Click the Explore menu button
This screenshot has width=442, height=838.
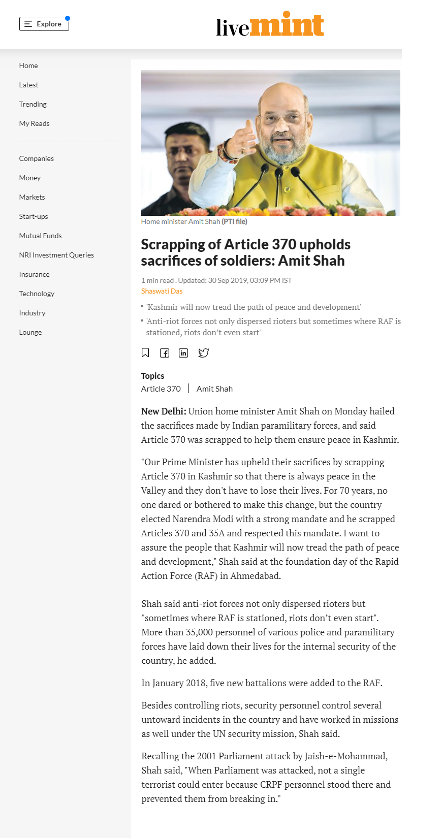pyautogui.click(x=44, y=24)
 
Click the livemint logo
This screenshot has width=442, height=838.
pyautogui.click(x=270, y=24)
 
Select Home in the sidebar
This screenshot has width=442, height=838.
pyautogui.click(x=28, y=66)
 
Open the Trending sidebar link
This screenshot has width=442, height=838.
pyautogui.click(x=33, y=104)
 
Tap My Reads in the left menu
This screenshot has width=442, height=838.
pyautogui.click(x=35, y=123)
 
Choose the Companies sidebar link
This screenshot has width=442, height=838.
pyautogui.click(x=37, y=158)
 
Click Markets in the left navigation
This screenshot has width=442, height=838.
pyautogui.click(x=32, y=197)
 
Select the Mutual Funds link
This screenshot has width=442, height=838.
pyautogui.click(x=41, y=236)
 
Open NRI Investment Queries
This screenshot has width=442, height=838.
pyautogui.click(x=56, y=255)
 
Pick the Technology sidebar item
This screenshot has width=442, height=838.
pyautogui.click(x=37, y=294)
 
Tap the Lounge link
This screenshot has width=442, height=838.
pyautogui.click(x=30, y=332)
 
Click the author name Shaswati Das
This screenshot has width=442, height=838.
pyautogui.click(x=162, y=291)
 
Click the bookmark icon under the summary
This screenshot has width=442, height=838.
pyautogui.click(x=145, y=352)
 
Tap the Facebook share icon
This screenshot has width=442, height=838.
pyautogui.click(x=165, y=353)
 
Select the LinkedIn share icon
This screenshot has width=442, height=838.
pyautogui.click(x=183, y=353)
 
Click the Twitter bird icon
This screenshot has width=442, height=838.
pyautogui.click(x=203, y=353)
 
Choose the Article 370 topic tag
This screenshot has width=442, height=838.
pyautogui.click(x=161, y=389)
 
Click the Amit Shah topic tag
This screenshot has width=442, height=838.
pyautogui.click(x=214, y=389)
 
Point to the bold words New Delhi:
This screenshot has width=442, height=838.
pyautogui.click(x=164, y=411)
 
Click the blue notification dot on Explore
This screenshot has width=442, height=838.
pyautogui.click(x=68, y=18)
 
